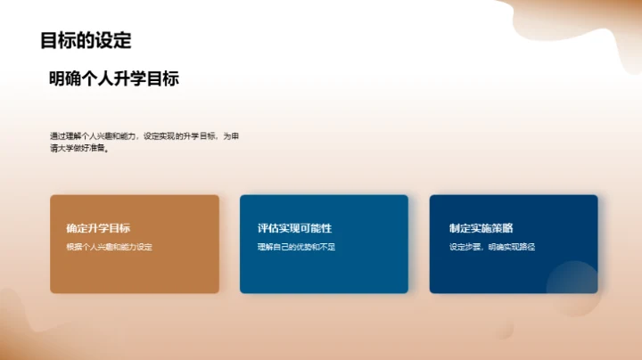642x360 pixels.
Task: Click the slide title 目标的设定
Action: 86,41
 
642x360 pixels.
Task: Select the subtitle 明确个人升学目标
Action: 114,79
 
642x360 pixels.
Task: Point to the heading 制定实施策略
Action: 481,228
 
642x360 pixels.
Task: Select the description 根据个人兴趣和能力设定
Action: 110,247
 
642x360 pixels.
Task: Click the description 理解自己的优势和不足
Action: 297,247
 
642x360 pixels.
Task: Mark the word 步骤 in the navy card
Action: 474,247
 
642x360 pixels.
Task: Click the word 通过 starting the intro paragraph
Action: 56,136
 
